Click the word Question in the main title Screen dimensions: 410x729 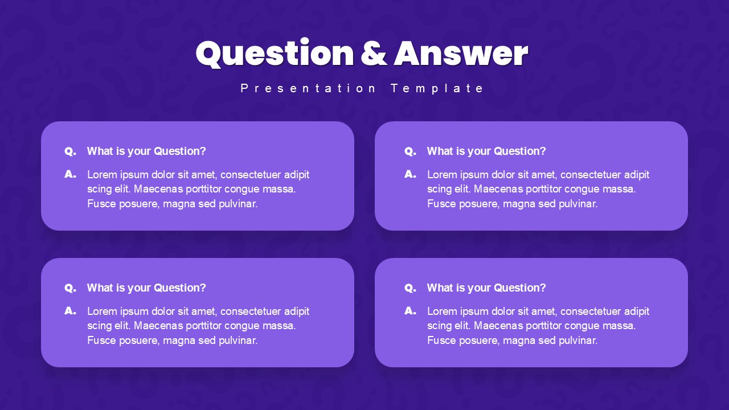pos(275,54)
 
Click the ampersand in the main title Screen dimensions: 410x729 pos(374,54)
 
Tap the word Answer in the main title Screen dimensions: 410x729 pos(461,54)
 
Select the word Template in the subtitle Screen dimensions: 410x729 pos(437,88)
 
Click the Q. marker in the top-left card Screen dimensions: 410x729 pos(70,151)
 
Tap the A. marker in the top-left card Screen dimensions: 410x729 pos(70,174)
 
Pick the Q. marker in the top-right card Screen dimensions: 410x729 pos(410,151)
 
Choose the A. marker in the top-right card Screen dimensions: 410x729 pos(410,174)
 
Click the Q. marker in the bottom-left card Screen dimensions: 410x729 pos(70,288)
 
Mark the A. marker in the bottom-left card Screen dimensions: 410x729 pos(70,311)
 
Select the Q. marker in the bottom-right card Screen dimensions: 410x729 pos(410,288)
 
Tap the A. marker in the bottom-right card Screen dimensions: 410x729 pos(410,311)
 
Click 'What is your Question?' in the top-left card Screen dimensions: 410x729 pos(146,151)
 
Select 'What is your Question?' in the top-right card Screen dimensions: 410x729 pos(486,151)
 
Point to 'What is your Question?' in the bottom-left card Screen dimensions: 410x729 pos(146,288)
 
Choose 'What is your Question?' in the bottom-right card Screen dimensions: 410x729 pos(486,288)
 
